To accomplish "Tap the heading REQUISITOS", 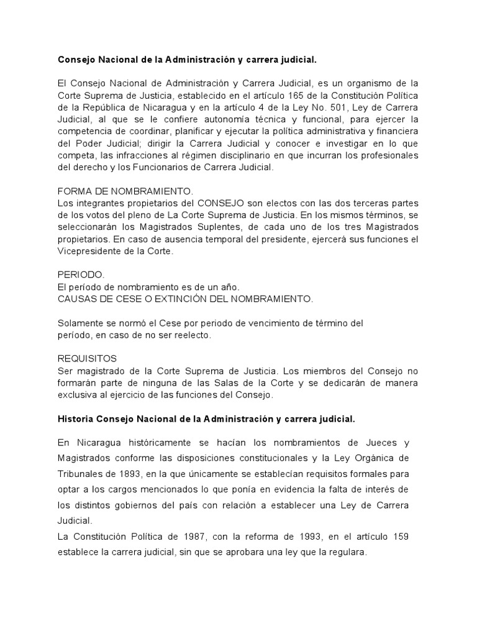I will click(x=87, y=358).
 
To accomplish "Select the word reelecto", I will click(x=194, y=335).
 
